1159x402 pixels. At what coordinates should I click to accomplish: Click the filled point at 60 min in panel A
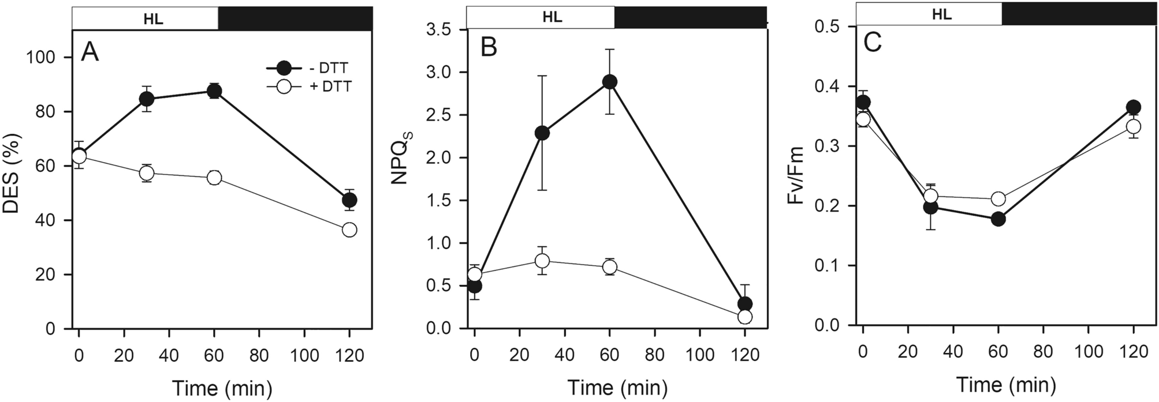(x=214, y=91)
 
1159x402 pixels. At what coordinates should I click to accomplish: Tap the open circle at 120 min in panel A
(x=349, y=230)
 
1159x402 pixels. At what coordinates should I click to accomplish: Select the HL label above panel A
(x=153, y=19)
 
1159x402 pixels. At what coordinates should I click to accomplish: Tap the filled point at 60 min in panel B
(x=610, y=82)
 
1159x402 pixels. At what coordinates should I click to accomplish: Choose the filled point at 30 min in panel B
(x=542, y=133)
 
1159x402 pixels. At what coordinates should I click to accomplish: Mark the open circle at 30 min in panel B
(x=542, y=261)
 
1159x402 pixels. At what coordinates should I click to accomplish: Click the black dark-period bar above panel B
(x=690, y=17)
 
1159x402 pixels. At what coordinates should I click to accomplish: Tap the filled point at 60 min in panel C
(x=998, y=219)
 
